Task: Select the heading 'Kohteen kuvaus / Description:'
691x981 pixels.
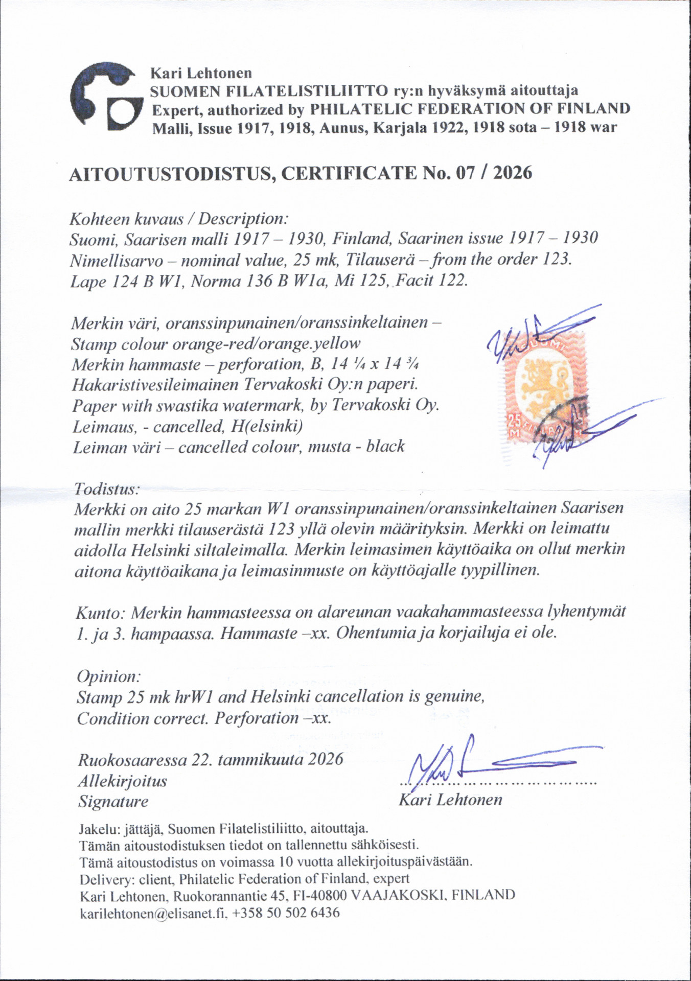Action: [x=179, y=219]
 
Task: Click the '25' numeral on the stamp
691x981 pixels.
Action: [x=513, y=423]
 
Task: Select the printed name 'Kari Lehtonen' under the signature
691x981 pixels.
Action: [x=450, y=800]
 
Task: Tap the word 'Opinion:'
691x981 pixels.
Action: [x=108, y=676]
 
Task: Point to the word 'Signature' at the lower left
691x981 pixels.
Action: [x=113, y=802]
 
